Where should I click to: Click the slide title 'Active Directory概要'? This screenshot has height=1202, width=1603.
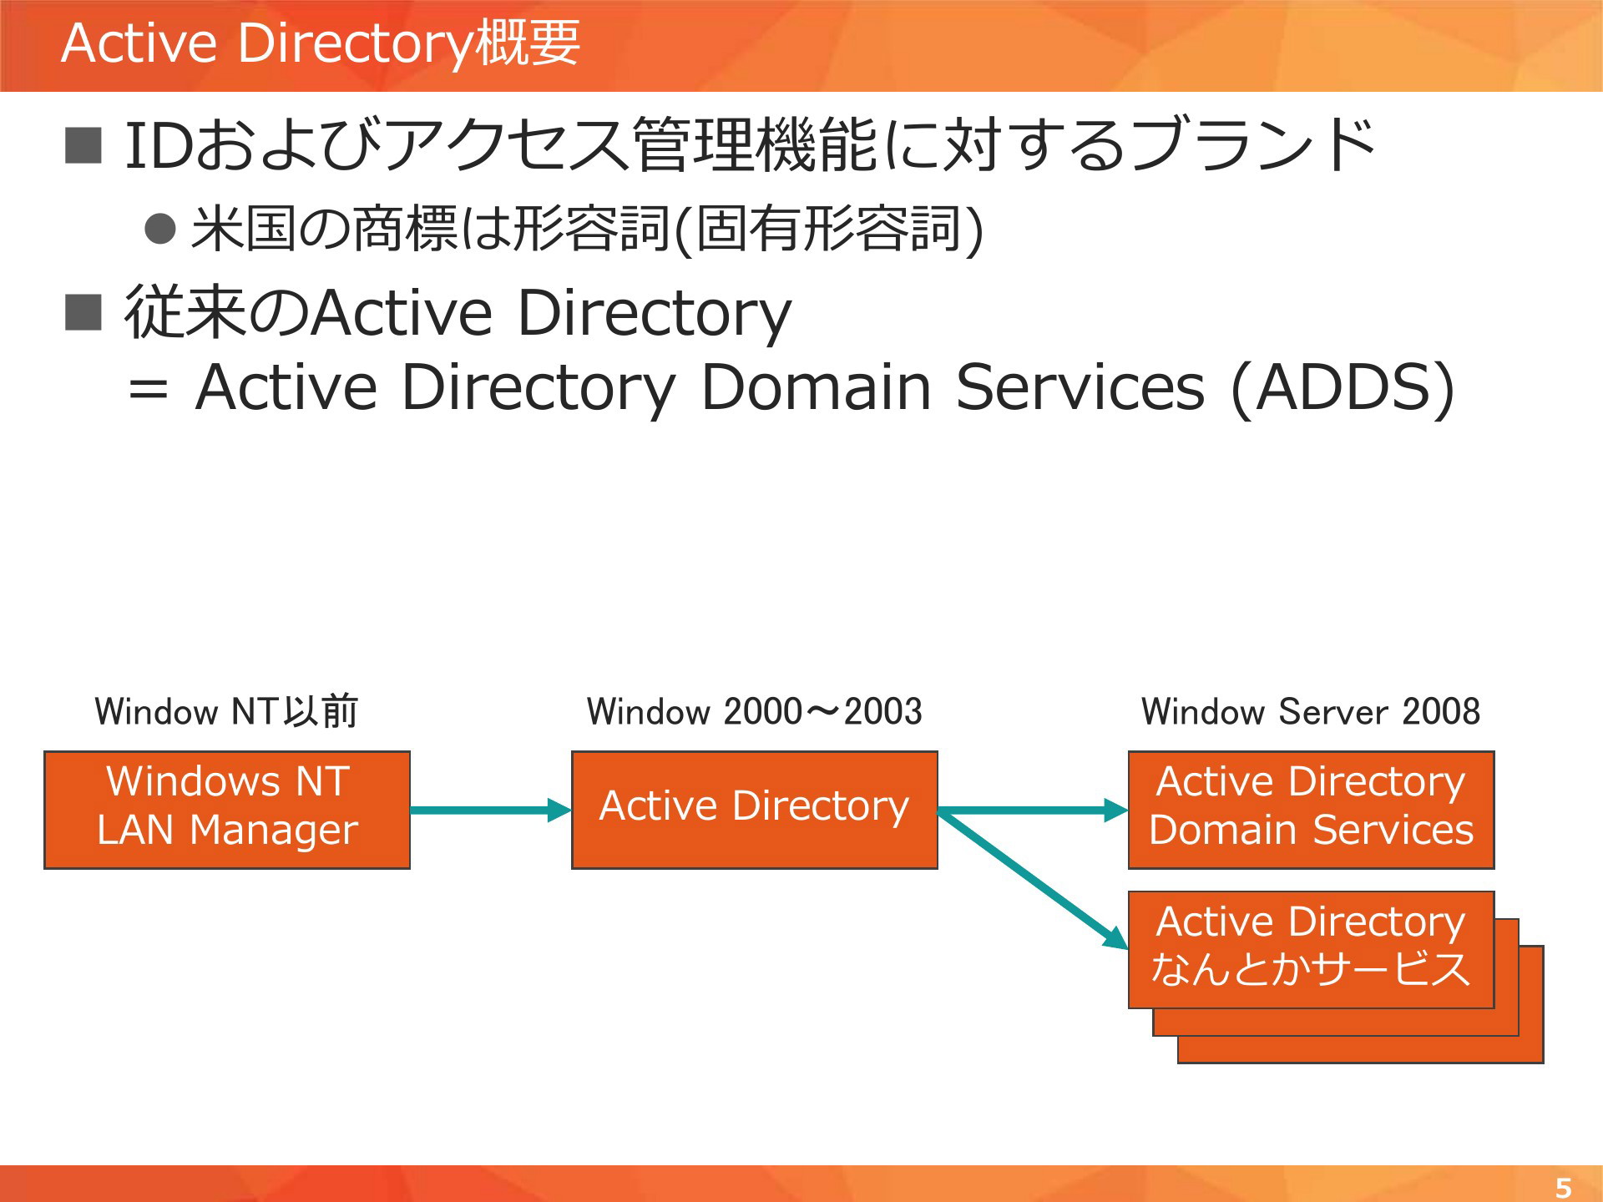(x=321, y=43)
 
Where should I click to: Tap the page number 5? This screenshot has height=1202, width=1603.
(x=1563, y=1187)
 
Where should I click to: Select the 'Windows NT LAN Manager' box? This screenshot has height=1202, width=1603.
(x=227, y=810)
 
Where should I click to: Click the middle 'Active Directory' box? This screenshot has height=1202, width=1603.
(x=755, y=810)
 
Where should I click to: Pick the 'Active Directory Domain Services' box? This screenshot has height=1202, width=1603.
(x=1311, y=810)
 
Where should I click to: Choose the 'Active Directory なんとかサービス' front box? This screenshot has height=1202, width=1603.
(x=1311, y=950)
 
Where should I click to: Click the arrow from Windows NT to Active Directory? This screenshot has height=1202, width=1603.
(x=491, y=810)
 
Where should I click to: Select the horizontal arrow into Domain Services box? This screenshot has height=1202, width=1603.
(x=1033, y=810)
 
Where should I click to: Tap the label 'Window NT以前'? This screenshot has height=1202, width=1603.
(x=226, y=711)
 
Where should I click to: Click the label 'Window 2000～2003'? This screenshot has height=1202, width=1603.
(x=755, y=711)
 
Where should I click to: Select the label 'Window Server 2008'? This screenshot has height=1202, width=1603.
(x=1311, y=711)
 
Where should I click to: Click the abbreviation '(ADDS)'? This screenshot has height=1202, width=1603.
(x=1343, y=387)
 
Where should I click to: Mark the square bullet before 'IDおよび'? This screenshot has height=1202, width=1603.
(x=83, y=145)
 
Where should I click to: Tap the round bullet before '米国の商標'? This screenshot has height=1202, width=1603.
(x=160, y=228)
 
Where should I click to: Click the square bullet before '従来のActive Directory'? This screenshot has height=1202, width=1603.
(x=83, y=312)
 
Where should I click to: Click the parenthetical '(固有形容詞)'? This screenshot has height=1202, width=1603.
(x=828, y=229)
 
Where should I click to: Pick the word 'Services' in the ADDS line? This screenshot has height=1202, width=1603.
(x=1080, y=387)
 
